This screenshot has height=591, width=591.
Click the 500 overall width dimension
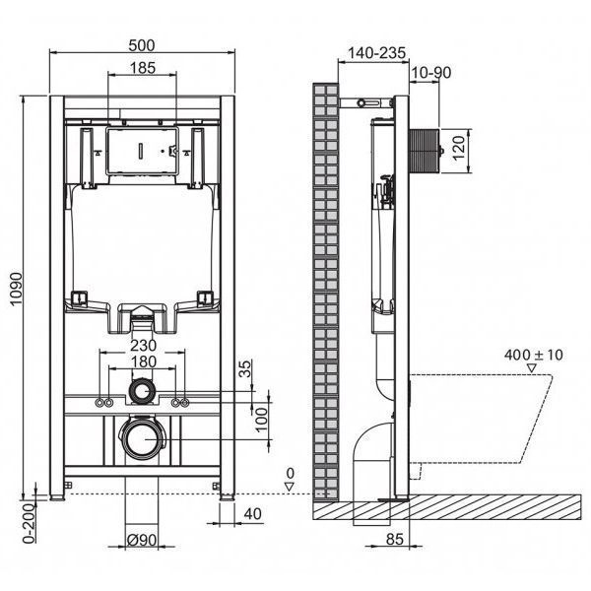click(x=142, y=45)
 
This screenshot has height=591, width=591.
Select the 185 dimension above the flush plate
click(x=143, y=68)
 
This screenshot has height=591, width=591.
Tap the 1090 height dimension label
click(x=16, y=289)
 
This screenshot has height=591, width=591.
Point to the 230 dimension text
click(x=143, y=346)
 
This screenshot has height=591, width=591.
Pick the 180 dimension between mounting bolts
click(x=143, y=361)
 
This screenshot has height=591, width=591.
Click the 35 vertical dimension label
click(x=245, y=368)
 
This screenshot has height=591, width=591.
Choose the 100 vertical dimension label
click(x=261, y=420)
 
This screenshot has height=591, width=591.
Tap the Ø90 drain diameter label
click(x=142, y=540)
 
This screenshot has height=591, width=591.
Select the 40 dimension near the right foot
click(x=253, y=514)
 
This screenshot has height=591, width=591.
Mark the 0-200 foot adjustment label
click(x=30, y=523)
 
